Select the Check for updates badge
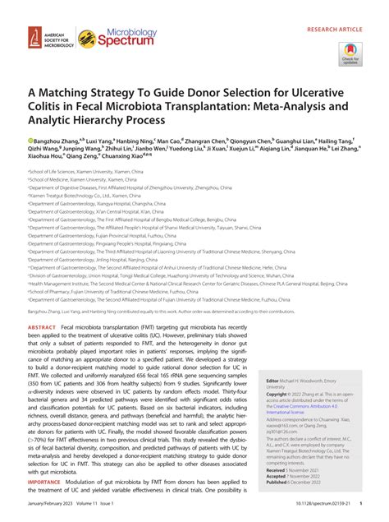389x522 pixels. point(350,52)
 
